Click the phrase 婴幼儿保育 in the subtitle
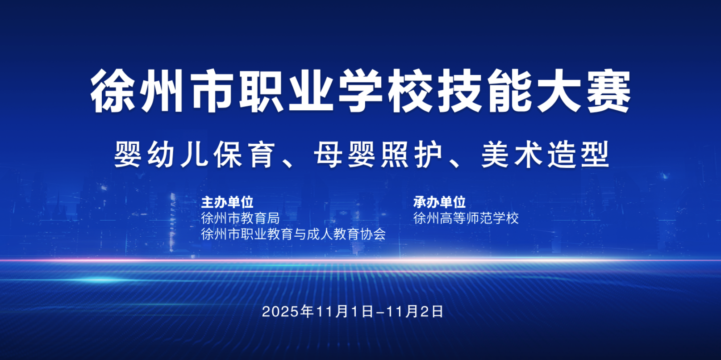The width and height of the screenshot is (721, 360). click(195, 155)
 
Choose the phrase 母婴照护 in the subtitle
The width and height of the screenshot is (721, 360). click(379, 155)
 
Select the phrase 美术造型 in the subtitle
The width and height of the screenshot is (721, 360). click(545, 155)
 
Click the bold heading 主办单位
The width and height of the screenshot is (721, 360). click(227, 202)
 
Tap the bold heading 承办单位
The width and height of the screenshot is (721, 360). click(440, 202)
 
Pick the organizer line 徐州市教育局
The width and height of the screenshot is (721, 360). click(241, 218)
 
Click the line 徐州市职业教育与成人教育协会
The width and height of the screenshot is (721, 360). click(294, 234)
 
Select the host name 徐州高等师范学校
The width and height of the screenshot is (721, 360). click(466, 218)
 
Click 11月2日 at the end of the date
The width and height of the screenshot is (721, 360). click(415, 311)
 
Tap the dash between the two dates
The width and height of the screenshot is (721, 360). click(379, 312)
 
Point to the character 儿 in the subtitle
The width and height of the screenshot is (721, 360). click(194, 155)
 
